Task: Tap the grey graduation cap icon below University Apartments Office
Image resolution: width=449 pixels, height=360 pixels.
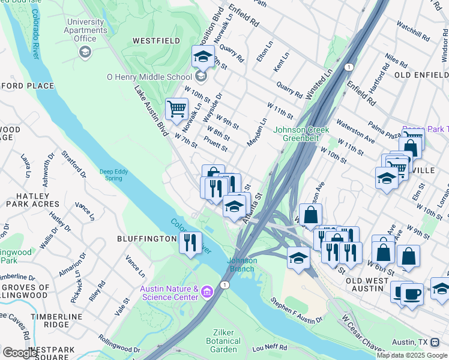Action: [85, 52]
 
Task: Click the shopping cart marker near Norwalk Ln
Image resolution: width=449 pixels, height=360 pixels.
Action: [176, 109]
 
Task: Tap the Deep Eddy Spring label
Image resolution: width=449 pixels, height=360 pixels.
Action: [115, 175]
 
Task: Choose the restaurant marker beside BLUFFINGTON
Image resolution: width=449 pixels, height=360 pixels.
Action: [190, 242]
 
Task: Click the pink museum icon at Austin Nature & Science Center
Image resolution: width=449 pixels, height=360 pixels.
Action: [208, 292]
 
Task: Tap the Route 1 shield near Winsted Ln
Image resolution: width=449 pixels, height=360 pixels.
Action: [348, 67]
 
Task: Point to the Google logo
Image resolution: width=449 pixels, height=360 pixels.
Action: [20, 353]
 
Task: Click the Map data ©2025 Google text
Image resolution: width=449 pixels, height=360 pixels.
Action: [412, 355]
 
